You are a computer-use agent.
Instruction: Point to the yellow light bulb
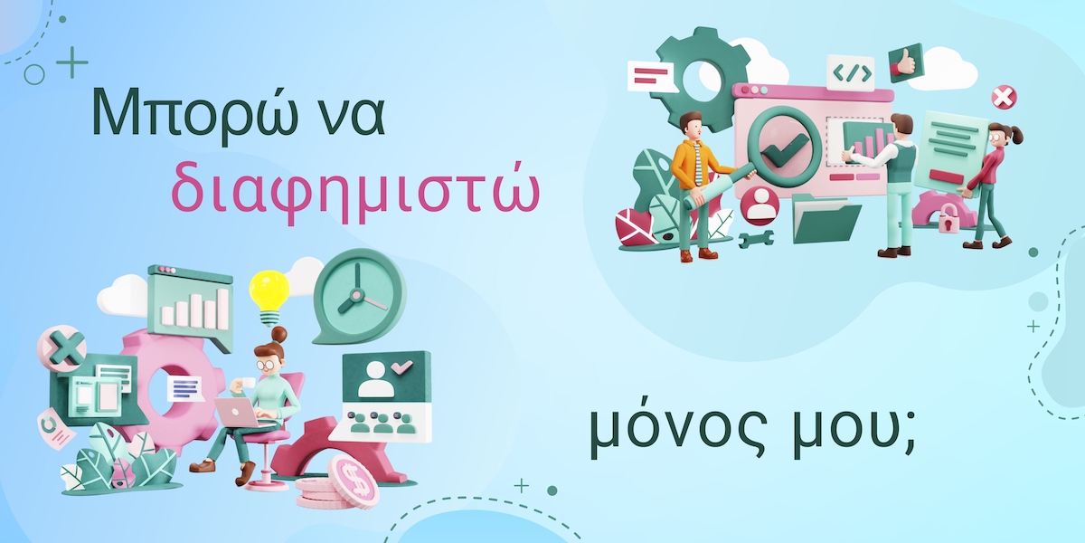click(269, 298)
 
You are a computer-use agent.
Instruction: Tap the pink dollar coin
click(352, 477)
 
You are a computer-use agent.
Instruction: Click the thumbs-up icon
click(905, 63)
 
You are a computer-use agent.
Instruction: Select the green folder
click(826, 219)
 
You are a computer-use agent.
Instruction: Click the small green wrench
click(756, 239)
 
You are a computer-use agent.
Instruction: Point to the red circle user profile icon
click(760, 205)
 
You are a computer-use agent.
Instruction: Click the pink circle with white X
click(1005, 98)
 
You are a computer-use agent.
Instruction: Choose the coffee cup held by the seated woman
click(247, 383)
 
